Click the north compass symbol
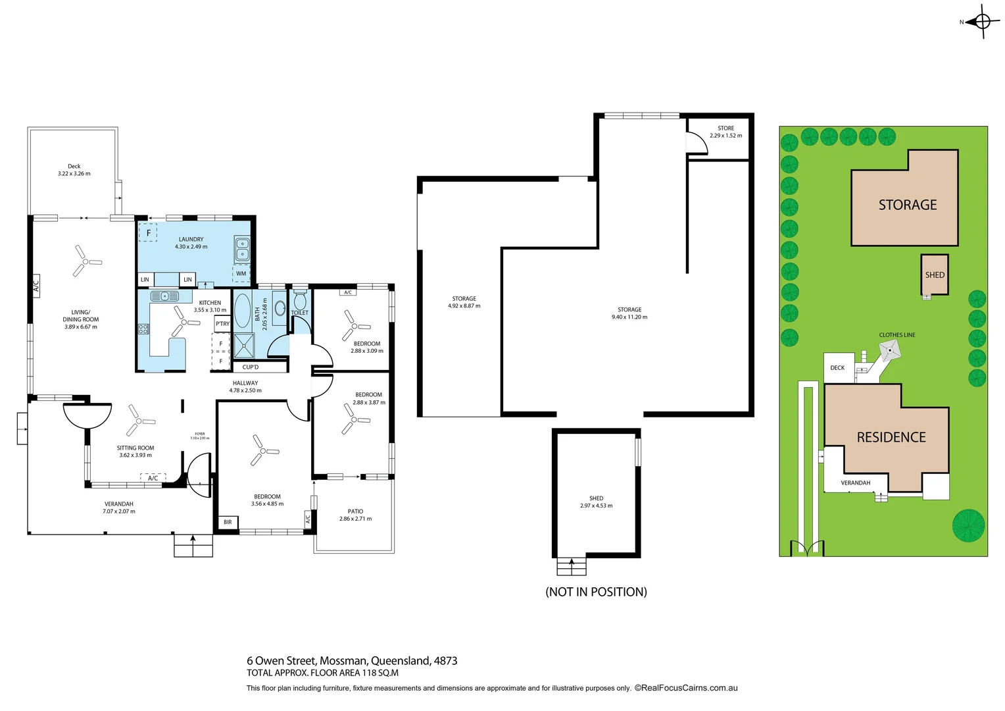982,22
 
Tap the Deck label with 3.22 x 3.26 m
74,170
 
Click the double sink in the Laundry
242,249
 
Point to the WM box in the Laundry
241,273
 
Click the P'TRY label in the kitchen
222,323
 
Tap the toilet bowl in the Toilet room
300,302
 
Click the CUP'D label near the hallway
251,367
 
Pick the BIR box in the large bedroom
228,522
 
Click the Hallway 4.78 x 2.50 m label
245,386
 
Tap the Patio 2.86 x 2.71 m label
355,515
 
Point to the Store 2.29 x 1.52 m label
725,132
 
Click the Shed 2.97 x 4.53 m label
596,502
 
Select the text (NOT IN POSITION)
596,592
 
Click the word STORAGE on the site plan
908,205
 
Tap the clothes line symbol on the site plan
890,350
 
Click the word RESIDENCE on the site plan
891,437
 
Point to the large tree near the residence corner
969,525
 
